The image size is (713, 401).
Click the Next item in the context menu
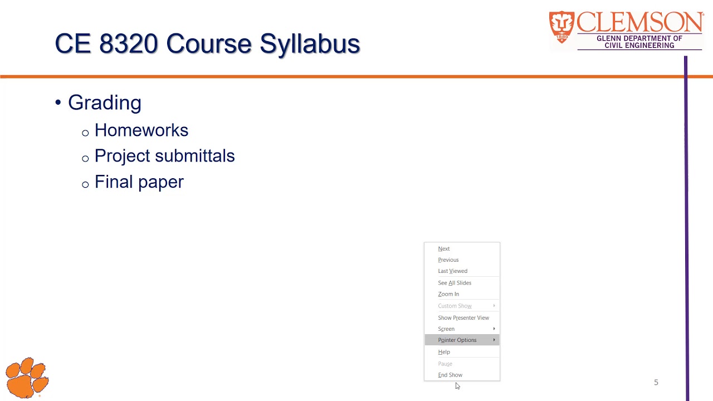tap(444, 249)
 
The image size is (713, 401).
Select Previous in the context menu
tap(448, 260)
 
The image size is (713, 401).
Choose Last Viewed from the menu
tap(452, 271)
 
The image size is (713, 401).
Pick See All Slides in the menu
tap(455, 283)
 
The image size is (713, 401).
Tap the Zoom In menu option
tap(448, 294)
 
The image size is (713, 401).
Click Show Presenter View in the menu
tap(463, 318)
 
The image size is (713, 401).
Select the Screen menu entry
tap(446, 329)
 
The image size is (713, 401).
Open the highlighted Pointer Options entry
tap(457, 340)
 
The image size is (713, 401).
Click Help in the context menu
tap(444, 352)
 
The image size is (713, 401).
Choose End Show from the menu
tap(450, 375)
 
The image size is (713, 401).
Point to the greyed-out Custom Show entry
tap(455, 306)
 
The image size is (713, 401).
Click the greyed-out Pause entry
tap(445, 364)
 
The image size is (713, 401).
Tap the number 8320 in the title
tap(129, 43)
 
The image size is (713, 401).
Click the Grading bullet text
tap(105, 102)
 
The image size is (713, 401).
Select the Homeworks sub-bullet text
tap(141, 130)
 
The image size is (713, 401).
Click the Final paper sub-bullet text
tap(139, 182)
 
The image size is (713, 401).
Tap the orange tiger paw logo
tap(27, 378)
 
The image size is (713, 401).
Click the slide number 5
tap(656, 383)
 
